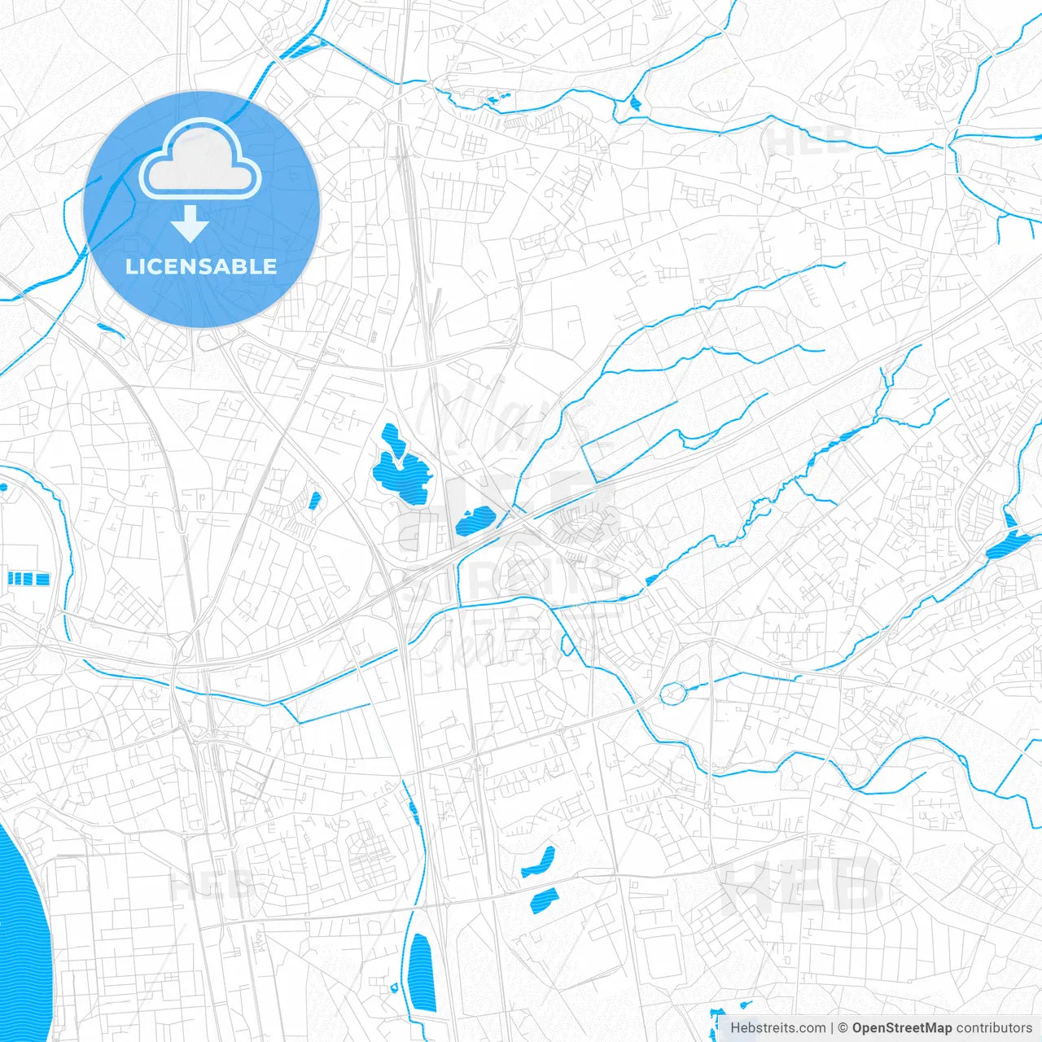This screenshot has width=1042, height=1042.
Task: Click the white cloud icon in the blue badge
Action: [200, 159]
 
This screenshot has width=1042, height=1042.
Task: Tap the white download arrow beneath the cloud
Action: [190, 223]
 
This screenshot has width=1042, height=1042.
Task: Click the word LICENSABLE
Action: [201, 266]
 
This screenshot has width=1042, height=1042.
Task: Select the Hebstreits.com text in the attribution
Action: [777, 1028]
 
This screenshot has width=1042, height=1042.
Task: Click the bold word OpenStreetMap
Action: [902, 1028]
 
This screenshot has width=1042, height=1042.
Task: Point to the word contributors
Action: [994, 1028]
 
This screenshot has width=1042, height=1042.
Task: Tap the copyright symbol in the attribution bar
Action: [843, 1028]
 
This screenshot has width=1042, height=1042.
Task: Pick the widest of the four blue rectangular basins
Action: [42, 579]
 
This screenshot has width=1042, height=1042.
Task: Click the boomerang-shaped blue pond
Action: [538, 863]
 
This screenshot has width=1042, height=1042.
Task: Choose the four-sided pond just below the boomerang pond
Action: [545, 899]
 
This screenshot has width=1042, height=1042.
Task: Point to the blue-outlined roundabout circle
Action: [673, 694]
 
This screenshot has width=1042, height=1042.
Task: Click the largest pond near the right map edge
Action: [1007, 544]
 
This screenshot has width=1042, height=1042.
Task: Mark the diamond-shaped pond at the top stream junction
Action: [635, 103]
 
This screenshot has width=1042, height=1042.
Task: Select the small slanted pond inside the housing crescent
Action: [314, 500]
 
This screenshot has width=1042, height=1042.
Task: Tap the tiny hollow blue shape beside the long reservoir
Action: [395, 987]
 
